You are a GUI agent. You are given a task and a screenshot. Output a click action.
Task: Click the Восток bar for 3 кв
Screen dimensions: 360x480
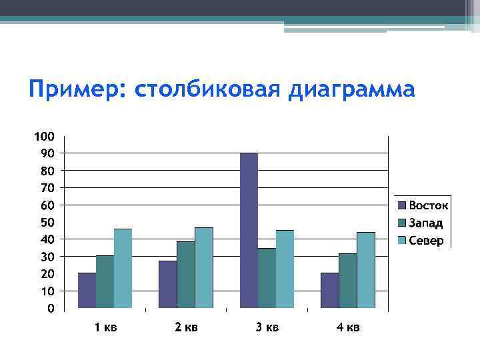tap(249, 231)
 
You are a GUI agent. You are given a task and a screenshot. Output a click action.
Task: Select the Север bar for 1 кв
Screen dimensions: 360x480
tap(123, 268)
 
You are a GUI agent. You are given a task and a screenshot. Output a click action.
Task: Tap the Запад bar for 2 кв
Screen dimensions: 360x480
tap(186, 275)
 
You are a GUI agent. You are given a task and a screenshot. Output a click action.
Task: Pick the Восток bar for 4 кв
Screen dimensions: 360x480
tap(329, 291)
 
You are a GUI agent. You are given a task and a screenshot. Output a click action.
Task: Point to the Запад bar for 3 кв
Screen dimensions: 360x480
tap(267, 278)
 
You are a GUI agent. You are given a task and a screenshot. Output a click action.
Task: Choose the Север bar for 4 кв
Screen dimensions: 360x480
tap(366, 270)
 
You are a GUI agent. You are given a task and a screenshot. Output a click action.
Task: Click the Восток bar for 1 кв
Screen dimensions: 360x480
tap(87, 291)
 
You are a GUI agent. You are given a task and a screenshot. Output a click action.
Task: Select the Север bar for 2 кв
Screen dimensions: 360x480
tap(204, 267)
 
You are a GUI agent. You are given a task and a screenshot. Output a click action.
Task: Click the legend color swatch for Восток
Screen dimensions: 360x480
tap(402, 205)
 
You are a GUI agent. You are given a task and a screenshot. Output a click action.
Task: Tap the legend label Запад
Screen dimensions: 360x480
tap(425, 223)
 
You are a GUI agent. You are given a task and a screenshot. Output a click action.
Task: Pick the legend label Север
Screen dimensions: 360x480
tap(425, 240)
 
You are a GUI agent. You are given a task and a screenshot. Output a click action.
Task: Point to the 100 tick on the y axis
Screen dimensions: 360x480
tap(44, 137)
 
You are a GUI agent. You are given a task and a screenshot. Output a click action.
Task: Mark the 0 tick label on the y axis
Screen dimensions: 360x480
tap(50, 309)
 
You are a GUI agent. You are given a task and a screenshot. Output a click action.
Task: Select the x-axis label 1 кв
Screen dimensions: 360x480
tap(105, 327)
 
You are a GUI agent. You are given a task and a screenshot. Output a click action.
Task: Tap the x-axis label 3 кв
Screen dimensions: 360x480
tap(267, 327)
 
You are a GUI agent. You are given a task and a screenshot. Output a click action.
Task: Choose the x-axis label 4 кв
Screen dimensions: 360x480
tap(347, 327)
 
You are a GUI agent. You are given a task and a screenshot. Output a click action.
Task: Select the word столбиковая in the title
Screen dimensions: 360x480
tap(208, 89)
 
